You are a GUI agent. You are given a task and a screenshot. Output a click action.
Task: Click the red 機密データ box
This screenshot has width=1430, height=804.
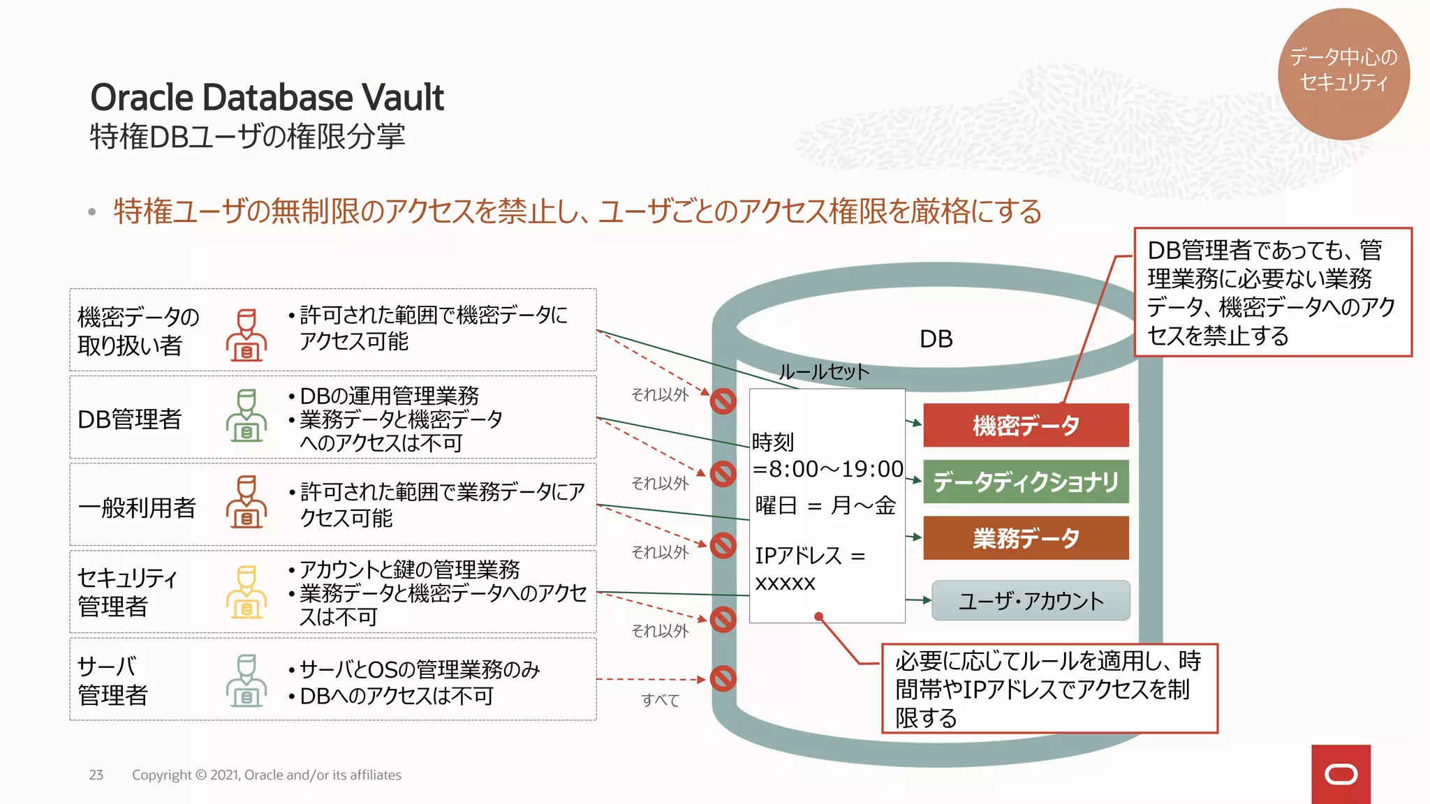click(x=1025, y=425)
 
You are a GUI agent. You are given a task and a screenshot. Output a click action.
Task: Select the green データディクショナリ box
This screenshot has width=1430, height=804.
click(x=1025, y=482)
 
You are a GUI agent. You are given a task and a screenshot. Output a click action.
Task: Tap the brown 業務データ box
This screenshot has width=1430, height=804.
click(x=1025, y=538)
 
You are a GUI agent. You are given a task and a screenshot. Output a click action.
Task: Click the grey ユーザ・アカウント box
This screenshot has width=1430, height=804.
click(x=1031, y=601)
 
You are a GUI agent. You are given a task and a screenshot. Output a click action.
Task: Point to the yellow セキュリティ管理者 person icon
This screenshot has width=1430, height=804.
click(x=246, y=593)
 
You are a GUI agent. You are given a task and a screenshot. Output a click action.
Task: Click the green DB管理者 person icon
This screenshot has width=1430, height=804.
click(x=246, y=416)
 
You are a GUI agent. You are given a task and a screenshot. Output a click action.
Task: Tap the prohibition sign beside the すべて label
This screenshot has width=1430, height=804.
click(x=723, y=678)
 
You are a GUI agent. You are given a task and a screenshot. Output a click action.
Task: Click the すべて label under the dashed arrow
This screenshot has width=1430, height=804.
click(x=660, y=700)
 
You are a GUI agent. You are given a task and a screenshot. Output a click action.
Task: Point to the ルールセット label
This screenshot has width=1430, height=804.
click(x=824, y=372)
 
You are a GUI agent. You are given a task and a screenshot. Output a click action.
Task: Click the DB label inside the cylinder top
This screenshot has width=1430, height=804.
click(x=936, y=339)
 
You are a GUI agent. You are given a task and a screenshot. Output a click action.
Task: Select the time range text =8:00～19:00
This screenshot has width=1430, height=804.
click(x=828, y=469)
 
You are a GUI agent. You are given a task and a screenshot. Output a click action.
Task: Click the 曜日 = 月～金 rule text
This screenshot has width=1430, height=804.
click(x=825, y=505)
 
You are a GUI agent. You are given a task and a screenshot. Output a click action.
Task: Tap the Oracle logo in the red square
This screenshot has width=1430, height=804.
click(x=1341, y=775)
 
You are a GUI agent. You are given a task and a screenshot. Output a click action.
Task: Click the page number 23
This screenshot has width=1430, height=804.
click(x=96, y=775)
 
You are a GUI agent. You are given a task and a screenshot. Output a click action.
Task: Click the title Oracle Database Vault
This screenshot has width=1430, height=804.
click(x=267, y=97)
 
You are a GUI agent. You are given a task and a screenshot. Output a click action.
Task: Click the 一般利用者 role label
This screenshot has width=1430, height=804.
click(x=137, y=507)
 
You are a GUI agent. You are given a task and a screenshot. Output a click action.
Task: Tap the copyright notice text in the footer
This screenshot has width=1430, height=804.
click(x=266, y=775)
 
